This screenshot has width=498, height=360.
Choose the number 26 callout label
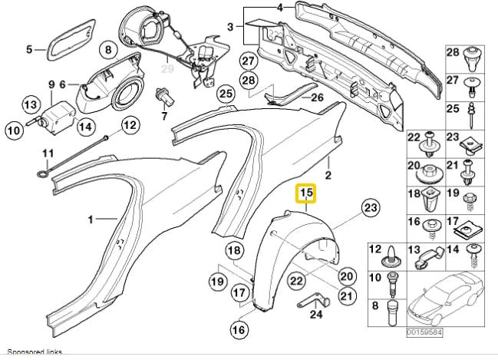(x=318, y=97)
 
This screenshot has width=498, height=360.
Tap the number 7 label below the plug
(x=163, y=116)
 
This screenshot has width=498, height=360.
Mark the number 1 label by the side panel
(x=91, y=220)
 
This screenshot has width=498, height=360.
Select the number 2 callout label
(x=328, y=175)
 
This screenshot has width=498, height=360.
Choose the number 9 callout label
(x=51, y=84)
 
